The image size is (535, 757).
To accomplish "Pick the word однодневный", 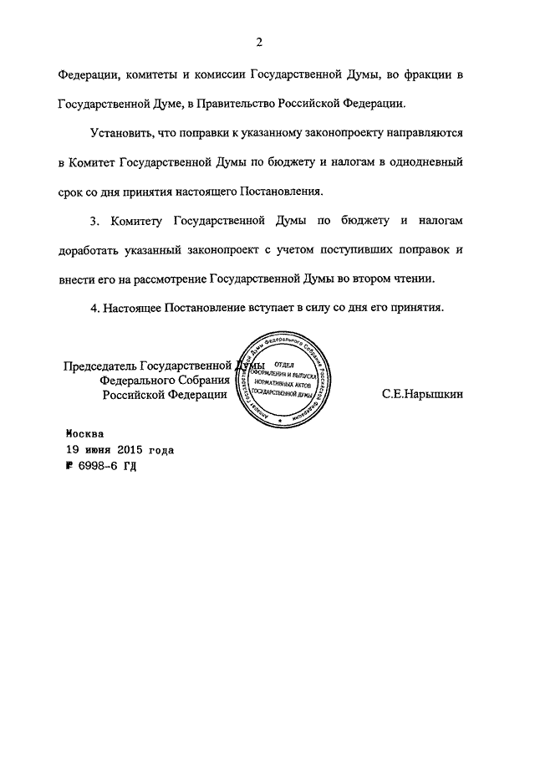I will coord(418,162).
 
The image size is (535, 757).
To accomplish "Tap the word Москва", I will coord(85,434).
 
